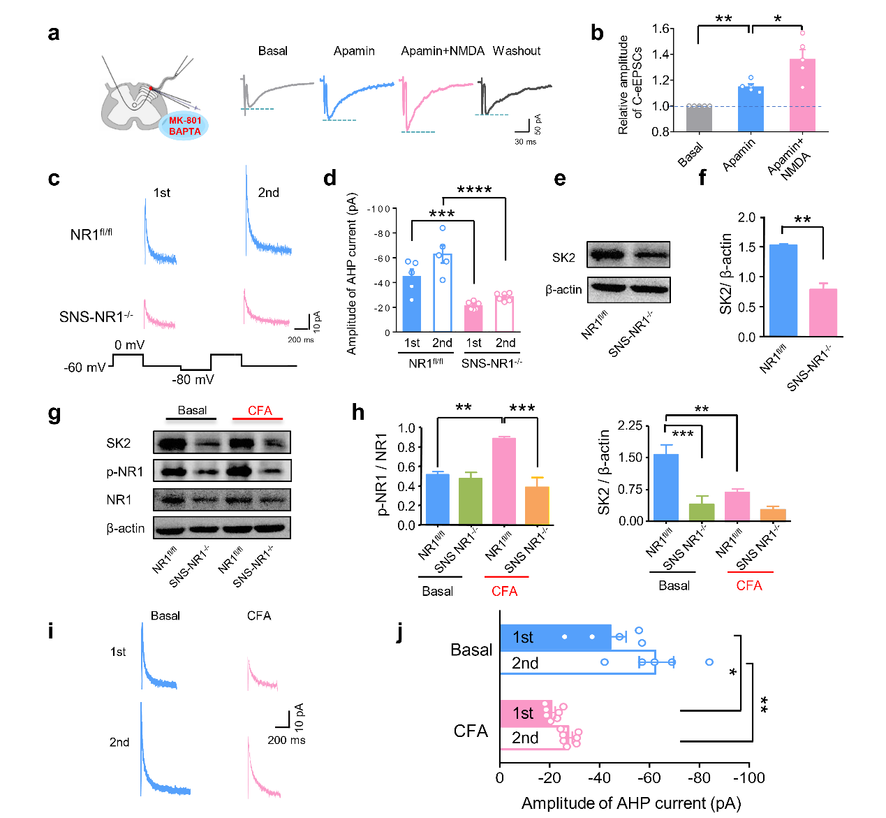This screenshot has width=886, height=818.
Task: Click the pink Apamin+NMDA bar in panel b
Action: point(802,95)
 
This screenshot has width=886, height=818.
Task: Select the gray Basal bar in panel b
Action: point(699,118)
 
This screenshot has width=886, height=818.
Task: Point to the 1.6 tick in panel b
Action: point(662,29)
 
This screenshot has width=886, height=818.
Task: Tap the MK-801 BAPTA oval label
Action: point(185,126)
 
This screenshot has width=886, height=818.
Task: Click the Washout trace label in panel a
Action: point(517,51)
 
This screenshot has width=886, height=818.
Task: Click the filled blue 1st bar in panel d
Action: point(412,305)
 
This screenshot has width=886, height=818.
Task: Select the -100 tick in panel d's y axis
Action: point(380,209)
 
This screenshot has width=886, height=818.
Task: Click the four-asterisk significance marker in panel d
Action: point(474,190)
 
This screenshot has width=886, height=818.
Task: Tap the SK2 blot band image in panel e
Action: point(628,255)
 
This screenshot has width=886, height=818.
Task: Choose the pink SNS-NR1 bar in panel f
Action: point(822,312)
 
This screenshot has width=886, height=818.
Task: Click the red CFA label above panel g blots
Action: point(260,411)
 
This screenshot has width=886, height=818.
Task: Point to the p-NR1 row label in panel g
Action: point(125,472)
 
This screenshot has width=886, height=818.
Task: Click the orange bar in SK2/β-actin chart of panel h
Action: point(773,515)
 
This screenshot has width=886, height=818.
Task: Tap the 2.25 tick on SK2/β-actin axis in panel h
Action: point(630,426)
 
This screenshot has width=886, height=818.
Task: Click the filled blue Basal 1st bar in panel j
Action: point(555,637)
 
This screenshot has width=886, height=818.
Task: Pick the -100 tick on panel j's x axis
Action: point(748,778)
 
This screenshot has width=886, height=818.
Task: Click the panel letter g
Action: point(54,414)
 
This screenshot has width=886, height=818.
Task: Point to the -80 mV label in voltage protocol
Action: point(193,379)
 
